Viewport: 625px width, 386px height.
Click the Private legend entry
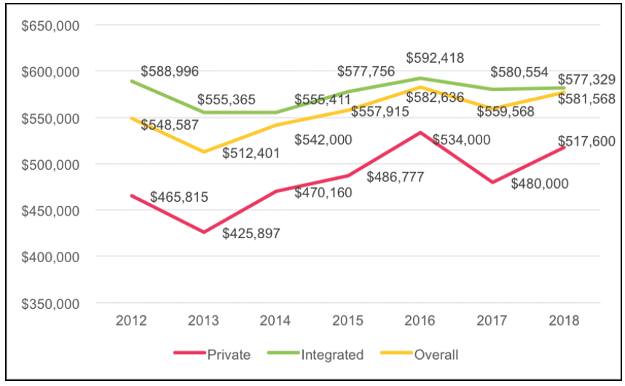tap(227, 355)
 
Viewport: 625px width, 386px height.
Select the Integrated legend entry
tap(331, 355)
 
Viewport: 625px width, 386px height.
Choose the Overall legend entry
tap(435, 355)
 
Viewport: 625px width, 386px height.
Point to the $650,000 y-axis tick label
tap(50, 25)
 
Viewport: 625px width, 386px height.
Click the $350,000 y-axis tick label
tap(50, 303)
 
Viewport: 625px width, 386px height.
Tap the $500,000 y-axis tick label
tap(50, 165)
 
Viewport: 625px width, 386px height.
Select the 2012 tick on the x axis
tap(132, 321)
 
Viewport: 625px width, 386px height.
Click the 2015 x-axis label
tap(348, 321)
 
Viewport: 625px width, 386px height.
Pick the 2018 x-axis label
tap(565, 321)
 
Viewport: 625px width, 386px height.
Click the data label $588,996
tap(169, 71)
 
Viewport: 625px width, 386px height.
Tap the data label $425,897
tap(251, 234)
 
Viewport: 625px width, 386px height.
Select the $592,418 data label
tap(435, 58)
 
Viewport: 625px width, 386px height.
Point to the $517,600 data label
tap(587, 141)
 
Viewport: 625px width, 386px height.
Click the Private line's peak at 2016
tap(420, 133)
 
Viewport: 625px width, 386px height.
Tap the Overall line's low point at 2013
tap(204, 151)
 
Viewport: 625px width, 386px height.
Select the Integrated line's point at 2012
tap(132, 81)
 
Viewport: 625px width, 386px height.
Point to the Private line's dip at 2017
tap(492, 182)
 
